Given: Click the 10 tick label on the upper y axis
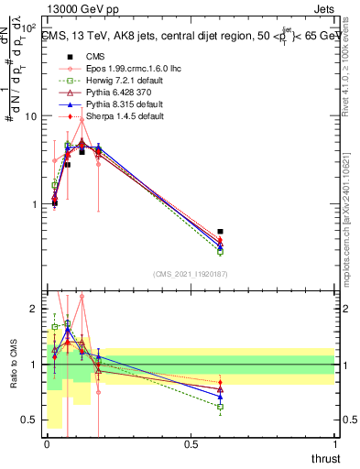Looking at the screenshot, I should [29, 117].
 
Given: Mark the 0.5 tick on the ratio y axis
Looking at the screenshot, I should [29, 420].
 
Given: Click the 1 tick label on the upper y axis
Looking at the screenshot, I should [33, 204].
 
